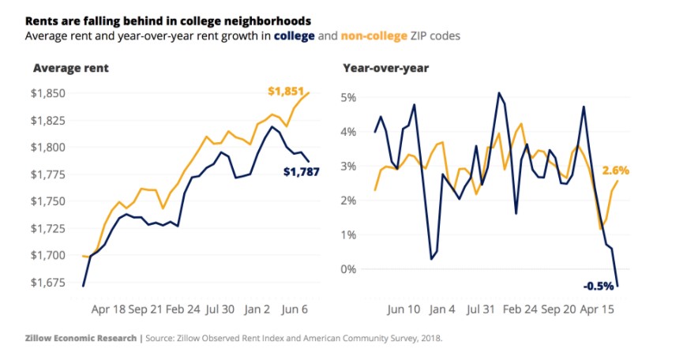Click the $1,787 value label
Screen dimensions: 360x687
(300, 171)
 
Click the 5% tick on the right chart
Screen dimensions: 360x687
(348, 97)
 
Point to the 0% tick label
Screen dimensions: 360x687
(348, 269)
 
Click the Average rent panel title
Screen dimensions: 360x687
(70, 68)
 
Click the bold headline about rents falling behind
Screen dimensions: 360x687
(167, 20)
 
